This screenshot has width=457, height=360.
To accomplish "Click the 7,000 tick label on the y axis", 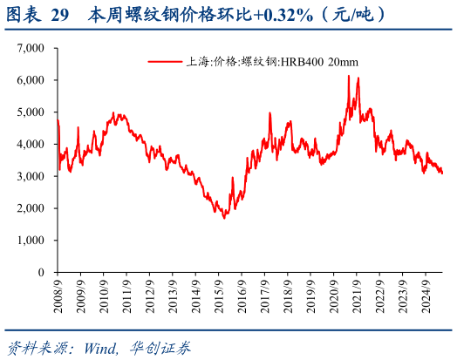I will (x=32, y=48).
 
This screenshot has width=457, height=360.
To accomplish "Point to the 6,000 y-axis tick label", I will (x=32, y=80).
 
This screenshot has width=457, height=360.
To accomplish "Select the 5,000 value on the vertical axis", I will (x=32, y=112).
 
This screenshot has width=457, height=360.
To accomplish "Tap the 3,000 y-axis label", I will (x=32, y=176).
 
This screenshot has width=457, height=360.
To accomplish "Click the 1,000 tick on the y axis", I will (x=32, y=241).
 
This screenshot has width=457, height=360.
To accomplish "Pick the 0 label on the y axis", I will (x=41, y=272).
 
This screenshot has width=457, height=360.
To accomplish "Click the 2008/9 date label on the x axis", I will (x=58, y=295).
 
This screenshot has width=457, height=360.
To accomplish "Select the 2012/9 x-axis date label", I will (x=154, y=295).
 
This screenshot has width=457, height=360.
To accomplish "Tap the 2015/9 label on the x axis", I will (x=226, y=295).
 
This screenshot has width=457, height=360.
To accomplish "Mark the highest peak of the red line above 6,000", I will (x=349, y=76).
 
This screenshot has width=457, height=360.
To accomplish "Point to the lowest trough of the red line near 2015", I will (x=224, y=217).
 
